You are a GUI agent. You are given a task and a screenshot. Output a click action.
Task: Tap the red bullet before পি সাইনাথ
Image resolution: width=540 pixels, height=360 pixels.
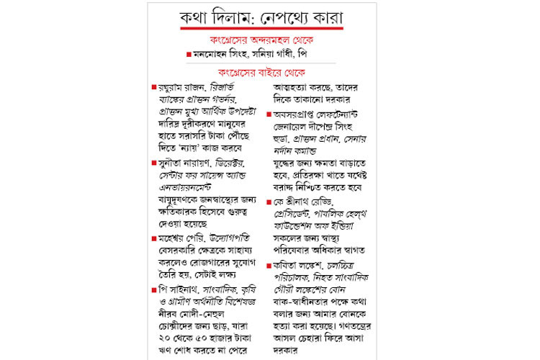(154, 289)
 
